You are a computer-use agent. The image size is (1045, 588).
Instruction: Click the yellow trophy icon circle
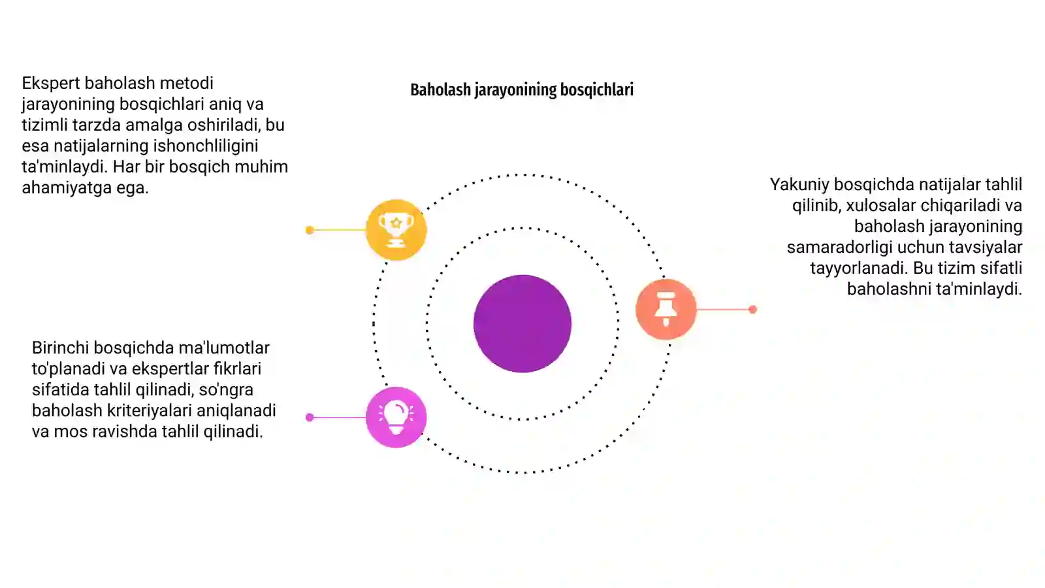[x=396, y=229]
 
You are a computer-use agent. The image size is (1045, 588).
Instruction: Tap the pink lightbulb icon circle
[x=396, y=417]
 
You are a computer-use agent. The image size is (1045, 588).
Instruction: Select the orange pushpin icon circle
[x=666, y=309]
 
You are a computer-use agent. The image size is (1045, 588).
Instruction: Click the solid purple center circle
[x=522, y=324]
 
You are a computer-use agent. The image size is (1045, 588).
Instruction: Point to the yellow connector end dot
[x=310, y=230]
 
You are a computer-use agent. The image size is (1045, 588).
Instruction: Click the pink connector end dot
[x=310, y=417]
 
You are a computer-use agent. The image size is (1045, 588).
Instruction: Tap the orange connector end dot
[x=752, y=310]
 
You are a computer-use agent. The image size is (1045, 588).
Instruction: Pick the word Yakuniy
[x=799, y=185]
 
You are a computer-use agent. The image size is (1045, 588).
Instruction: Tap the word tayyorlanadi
[x=859, y=269]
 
